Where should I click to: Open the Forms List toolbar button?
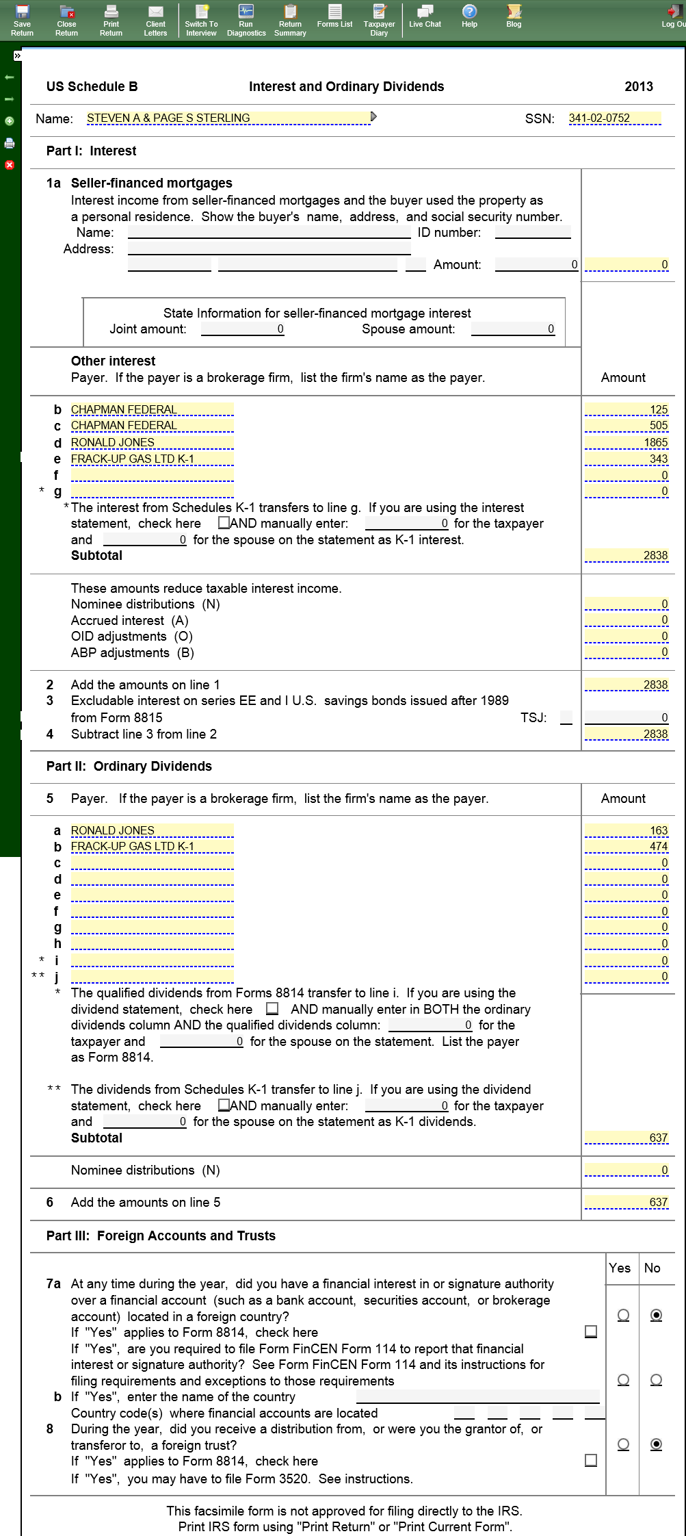[334, 16]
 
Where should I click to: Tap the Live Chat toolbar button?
[425, 16]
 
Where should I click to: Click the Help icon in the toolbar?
[469, 16]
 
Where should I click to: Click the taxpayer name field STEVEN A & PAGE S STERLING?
[228, 118]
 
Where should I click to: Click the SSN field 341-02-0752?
[614, 118]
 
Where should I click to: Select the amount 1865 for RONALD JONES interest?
[626, 442]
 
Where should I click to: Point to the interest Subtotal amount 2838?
[626, 555]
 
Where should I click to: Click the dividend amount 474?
[626, 847]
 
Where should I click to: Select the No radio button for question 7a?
[656, 1315]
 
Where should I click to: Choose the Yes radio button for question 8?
[623, 1444]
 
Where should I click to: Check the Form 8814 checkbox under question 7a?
[591, 1331]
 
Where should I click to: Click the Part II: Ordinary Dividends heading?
[129, 767]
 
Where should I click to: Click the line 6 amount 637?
[626, 1203]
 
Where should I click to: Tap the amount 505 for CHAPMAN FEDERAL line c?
[626, 425]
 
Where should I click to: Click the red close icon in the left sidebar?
[10, 165]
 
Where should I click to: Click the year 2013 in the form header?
[638, 86]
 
